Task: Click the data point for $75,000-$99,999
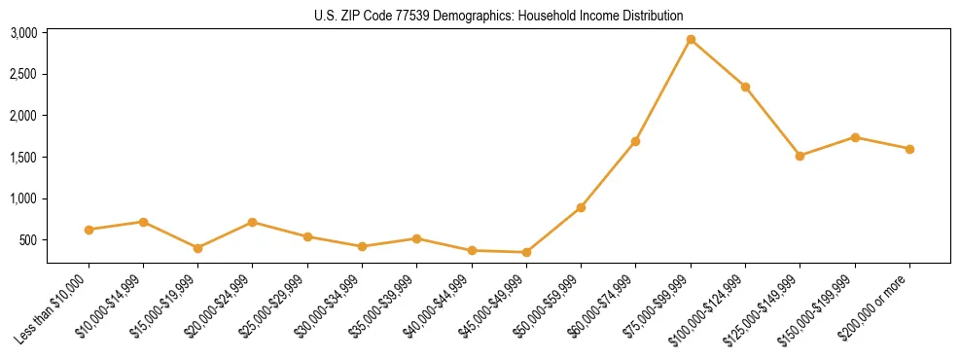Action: [x=691, y=40]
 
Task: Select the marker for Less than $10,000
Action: [x=89, y=230]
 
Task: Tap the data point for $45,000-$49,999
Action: [x=526, y=252]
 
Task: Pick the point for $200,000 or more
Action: [x=909, y=149]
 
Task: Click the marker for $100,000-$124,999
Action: [x=745, y=87]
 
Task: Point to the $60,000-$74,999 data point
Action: [x=635, y=141]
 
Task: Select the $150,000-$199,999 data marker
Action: [x=855, y=137]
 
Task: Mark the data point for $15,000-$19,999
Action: [x=198, y=248]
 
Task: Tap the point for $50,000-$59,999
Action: [x=581, y=207]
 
